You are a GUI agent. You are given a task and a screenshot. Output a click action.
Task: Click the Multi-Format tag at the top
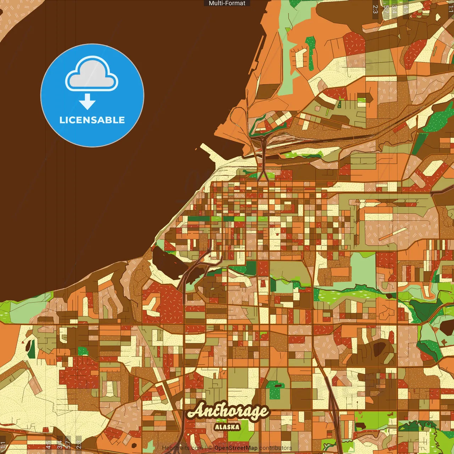(227, 3)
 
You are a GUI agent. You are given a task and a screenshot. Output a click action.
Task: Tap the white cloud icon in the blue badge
(92, 74)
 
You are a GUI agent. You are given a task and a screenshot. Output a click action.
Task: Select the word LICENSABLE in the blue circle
(92, 120)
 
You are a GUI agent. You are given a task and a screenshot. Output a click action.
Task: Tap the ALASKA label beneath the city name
(227, 427)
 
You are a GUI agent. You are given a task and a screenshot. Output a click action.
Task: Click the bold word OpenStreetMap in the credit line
(236, 448)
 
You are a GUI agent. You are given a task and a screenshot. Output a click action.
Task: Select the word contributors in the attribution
(276, 448)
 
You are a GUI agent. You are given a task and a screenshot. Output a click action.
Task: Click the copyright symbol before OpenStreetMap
(210, 448)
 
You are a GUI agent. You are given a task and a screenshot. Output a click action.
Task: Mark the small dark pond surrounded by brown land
(380, 348)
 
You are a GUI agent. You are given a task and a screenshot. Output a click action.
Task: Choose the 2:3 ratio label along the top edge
(375, 9)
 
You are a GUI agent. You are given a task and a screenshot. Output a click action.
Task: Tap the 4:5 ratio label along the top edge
(405, 9)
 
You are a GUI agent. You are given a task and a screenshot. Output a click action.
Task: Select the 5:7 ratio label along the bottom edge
(68, 444)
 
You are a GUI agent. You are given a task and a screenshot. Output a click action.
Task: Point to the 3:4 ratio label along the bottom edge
(59, 444)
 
